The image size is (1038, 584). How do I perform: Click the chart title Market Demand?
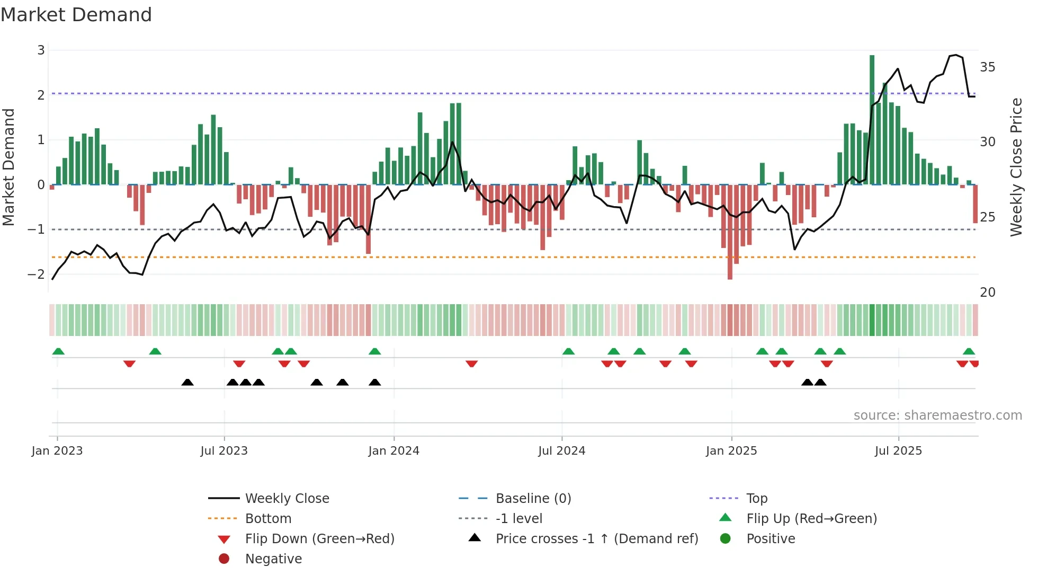(76, 15)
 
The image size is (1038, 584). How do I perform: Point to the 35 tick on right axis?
(987, 67)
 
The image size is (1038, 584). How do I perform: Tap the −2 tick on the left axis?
(36, 275)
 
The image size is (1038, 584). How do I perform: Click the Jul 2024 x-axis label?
(561, 451)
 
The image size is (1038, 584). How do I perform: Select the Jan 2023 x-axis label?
(57, 451)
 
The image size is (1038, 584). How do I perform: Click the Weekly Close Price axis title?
(1016, 167)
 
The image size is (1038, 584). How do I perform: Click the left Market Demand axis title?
(8, 167)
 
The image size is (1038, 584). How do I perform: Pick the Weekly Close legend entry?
(287, 499)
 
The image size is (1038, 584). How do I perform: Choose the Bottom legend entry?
(268, 519)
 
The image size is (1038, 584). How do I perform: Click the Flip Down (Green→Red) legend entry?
(319, 539)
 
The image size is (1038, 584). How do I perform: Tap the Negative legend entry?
(273, 559)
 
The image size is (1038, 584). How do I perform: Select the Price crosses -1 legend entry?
(596, 539)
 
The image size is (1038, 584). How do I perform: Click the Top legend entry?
(756, 499)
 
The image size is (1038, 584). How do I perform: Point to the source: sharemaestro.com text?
(937, 415)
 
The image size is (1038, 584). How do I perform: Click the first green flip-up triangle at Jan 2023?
(58, 351)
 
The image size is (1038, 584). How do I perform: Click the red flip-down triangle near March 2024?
(471, 364)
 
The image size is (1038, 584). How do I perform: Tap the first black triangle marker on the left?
(187, 382)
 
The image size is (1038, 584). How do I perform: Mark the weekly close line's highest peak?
(955, 55)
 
